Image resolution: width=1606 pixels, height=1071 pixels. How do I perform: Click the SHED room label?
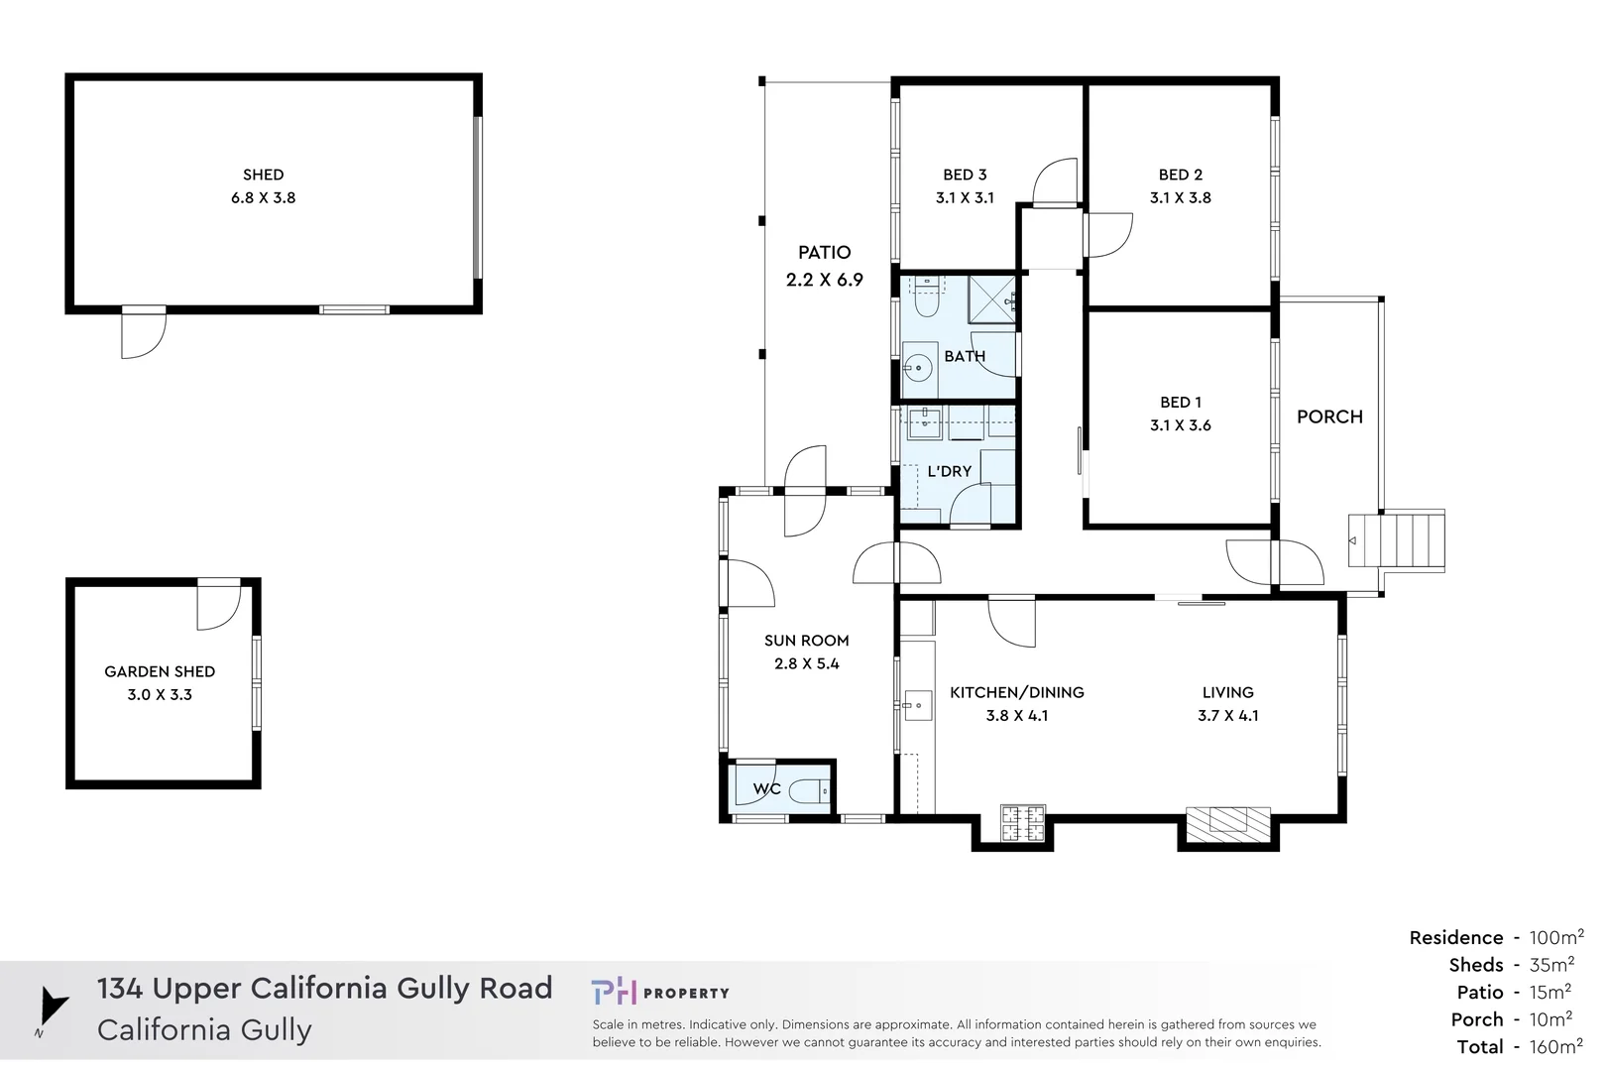(263, 175)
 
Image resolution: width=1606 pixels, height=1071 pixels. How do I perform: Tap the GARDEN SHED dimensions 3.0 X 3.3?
(160, 695)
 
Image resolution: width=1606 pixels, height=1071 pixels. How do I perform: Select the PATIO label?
(825, 253)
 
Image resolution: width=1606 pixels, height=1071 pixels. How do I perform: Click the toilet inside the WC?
(809, 791)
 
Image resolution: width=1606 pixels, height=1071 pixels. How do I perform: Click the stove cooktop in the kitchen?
(1022, 823)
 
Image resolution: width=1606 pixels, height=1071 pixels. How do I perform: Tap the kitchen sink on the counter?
(917, 706)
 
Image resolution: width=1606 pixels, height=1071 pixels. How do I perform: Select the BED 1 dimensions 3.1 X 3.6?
(1181, 425)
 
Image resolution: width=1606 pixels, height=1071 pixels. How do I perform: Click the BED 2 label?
(1181, 175)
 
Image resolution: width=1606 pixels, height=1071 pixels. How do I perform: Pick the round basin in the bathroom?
(918, 368)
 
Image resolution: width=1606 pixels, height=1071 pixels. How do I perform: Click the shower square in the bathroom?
(990, 298)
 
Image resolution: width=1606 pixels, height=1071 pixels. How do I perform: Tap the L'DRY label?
(949, 471)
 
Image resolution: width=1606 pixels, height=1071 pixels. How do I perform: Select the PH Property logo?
(660, 992)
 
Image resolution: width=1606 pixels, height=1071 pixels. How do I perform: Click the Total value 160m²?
(1555, 1046)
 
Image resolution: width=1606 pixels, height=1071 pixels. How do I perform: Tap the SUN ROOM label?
(806, 641)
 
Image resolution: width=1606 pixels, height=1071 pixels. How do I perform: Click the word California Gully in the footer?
(204, 1030)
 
